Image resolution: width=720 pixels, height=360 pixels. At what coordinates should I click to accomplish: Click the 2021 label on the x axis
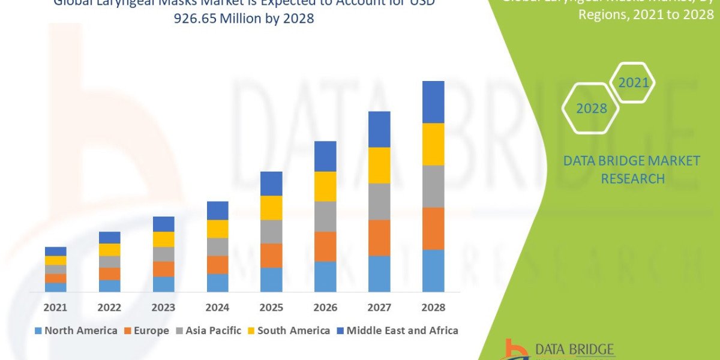point(56,307)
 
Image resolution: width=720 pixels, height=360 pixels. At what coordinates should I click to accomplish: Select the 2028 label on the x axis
point(433,307)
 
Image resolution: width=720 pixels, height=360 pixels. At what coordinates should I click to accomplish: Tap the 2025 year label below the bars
point(271,307)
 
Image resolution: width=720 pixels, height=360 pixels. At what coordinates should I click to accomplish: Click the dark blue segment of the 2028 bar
point(433,102)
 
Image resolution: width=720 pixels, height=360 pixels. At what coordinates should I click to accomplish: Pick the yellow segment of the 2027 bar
point(379,165)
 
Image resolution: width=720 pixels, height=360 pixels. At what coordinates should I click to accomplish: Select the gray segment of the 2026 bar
point(325,216)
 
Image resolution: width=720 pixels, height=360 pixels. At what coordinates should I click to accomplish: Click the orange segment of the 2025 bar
point(271,255)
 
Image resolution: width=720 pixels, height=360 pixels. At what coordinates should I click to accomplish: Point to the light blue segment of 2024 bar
point(217,283)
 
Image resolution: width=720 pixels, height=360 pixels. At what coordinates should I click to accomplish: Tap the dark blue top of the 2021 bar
point(56,251)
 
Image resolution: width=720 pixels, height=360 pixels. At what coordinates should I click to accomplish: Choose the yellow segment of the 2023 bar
point(163,239)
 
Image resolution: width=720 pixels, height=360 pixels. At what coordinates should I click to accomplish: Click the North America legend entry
point(76,331)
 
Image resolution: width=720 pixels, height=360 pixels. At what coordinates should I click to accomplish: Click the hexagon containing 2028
point(590,109)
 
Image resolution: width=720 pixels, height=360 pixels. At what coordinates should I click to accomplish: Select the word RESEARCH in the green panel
point(632,179)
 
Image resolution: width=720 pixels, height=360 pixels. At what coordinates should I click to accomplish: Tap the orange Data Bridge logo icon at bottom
point(515,350)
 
